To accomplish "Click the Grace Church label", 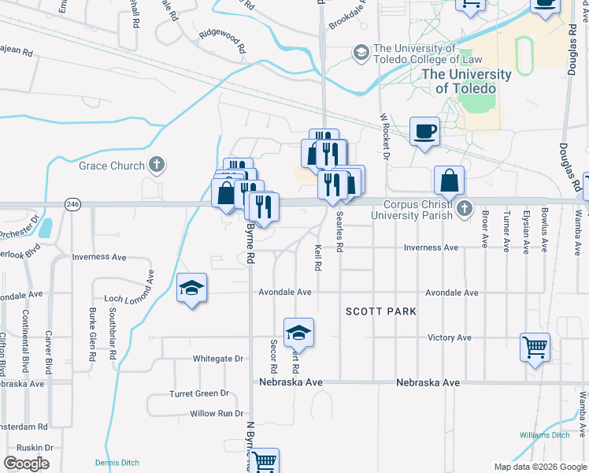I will [x=112, y=166].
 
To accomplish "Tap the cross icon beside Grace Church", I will [x=157, y=166].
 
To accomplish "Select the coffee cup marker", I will [x=425, y=132].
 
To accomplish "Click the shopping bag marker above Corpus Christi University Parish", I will [x=448, y=181].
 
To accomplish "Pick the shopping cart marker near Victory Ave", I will [x=535, y=348].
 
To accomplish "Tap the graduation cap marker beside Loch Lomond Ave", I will [x=191, y=290].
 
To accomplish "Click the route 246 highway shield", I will [x=73, y=204].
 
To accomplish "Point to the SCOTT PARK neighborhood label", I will [x=381, y=312].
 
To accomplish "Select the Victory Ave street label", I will [x=450, y=337].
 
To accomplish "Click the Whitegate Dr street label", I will [x=218, y=359].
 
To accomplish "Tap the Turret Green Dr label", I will [x=199, y=393].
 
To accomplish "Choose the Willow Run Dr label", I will [x=217, y=413].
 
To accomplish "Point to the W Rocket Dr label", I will [x=386, y=136].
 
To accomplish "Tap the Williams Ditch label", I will [x=544, y=435].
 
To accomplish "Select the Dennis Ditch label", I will [x=116, y=462].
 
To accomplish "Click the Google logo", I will [x=26, y=464].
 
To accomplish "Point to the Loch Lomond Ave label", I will [x=129, y=300].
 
